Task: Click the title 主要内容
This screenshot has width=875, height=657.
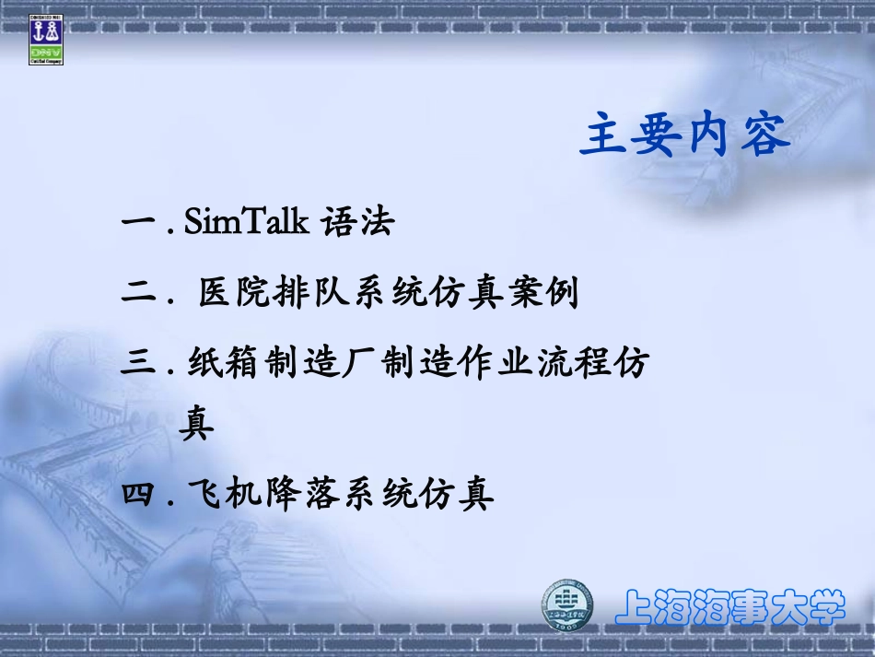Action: (685, 135)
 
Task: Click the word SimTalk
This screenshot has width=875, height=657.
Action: (246, 222)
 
